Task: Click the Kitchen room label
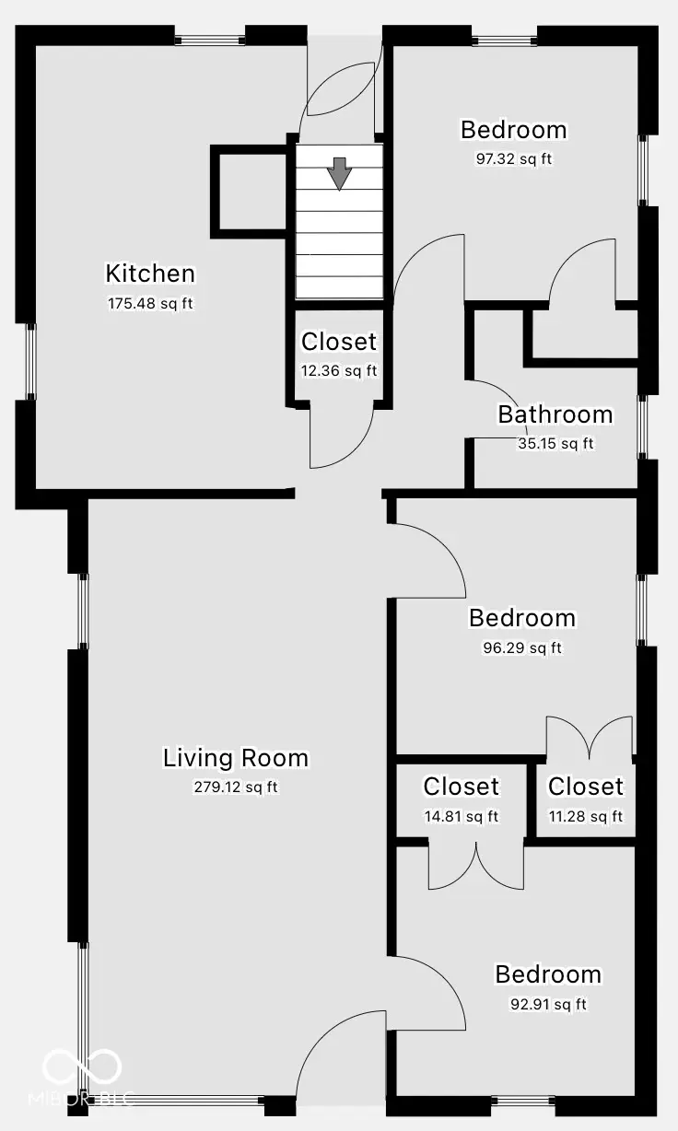(x=150, y=274)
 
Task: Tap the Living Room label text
(x=236, y=758)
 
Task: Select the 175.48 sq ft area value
(x=150, y=303)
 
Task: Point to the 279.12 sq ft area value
(x=236, y=787)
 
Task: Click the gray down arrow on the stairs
(x=340, y=173)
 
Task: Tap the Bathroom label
(x=555, y=414)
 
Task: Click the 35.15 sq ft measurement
(x=555, y=443)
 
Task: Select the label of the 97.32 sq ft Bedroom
(x=513, y=130)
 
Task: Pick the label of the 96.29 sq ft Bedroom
(x=521, y=618)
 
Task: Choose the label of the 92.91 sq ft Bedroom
(x=547, y=974)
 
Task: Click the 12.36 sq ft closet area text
(x=339, y=370)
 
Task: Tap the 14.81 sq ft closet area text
(x=461, y=815)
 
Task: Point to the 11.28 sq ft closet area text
(x=585, y=815)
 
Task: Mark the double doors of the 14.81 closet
(x=475, y=867)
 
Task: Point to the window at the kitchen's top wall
(x=210, y=40)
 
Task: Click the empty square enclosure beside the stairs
(x=250, y=192)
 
